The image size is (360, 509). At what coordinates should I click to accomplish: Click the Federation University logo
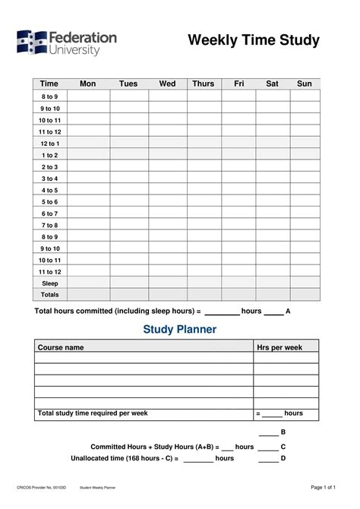(x=67, y=44)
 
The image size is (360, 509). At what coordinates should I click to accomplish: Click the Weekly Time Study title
(x=254, y=40)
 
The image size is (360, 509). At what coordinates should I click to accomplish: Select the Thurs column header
(x=203, y=84)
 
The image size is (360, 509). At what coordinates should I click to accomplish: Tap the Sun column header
(x=305, y=84)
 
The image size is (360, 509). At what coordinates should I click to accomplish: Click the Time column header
(x=49, y=84)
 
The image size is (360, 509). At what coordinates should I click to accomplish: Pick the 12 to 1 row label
(x=49, y=143)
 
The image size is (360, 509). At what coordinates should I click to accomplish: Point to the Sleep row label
(x=49, y=283)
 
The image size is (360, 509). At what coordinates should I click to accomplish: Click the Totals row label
(x=49, y=295)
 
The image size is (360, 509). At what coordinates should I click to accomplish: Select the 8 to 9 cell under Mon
(x=88, y=96)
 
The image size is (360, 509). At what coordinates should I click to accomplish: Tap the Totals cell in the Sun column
(x=305, y=295)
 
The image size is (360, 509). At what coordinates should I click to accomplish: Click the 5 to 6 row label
(x=49, y=202)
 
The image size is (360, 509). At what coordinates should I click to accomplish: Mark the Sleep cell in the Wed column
(x=167, y=283)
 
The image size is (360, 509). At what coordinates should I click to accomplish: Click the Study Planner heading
(x=180, y=330)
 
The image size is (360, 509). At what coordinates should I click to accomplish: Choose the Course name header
(x=61, y=347)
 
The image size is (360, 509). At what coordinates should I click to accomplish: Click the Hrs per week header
(x=279, y=347)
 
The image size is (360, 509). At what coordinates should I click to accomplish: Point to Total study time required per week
(x=93, y=413)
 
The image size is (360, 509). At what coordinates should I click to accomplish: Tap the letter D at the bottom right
(x=283, y=459)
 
